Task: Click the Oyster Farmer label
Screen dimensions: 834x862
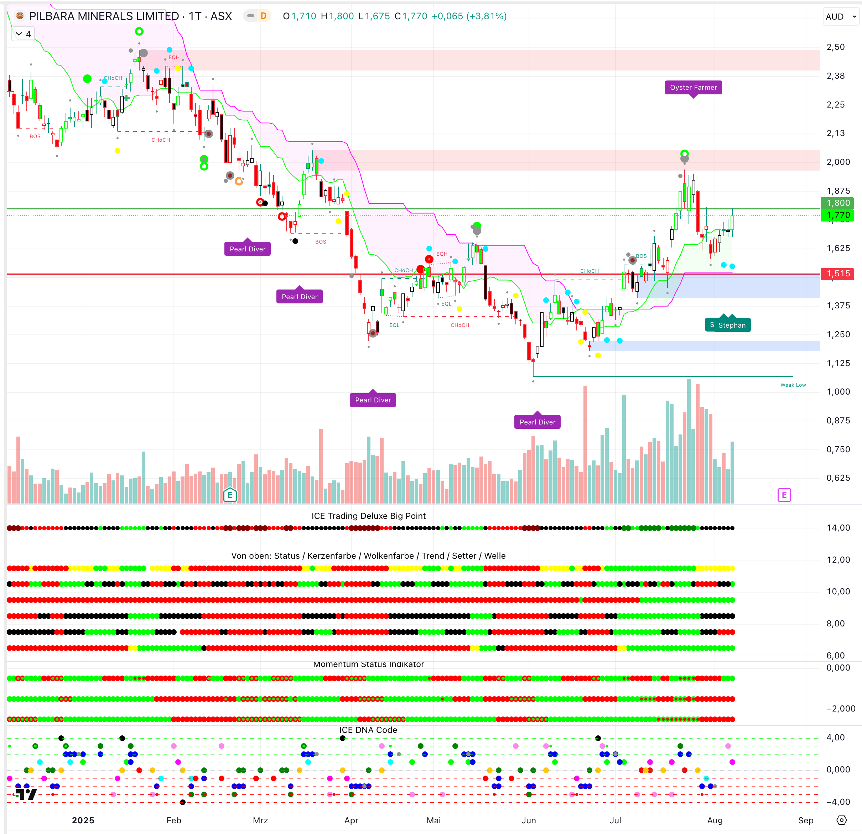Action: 693,88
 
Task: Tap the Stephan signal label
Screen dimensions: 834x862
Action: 728,325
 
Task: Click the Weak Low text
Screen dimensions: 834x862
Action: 793,385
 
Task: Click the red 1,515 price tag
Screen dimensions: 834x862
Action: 838,273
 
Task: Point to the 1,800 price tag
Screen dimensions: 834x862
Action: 838,203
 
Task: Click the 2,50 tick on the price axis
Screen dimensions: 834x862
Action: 835,47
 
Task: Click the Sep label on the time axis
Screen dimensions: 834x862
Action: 805,820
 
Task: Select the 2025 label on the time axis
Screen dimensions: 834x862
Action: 83,820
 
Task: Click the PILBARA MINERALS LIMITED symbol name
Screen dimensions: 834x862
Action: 104,16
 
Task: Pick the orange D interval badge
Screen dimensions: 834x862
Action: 264,16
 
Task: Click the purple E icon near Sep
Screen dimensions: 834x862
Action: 784,495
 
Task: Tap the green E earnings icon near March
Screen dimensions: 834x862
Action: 230,495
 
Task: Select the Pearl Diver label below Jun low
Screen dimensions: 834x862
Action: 537,422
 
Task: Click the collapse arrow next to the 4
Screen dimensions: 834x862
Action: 19,34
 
